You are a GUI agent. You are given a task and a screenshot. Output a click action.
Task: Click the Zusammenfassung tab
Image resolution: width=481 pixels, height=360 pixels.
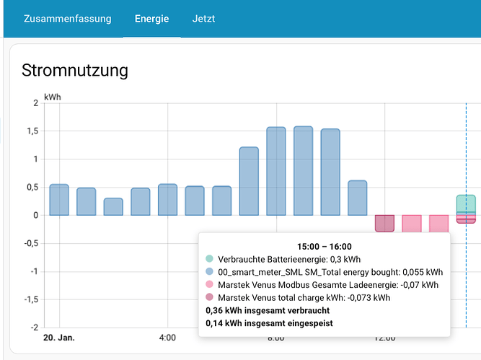point(67,19)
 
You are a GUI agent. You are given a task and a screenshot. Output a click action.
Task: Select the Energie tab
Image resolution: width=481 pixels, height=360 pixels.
point(151,19)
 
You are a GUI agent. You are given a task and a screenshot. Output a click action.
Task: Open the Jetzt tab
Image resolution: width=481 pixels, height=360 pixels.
point(203,19)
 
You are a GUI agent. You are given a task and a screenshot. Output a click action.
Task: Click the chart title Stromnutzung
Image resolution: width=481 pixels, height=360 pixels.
point(75,70)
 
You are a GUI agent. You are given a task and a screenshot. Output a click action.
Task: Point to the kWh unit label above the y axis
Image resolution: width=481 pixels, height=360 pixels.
point(53,96)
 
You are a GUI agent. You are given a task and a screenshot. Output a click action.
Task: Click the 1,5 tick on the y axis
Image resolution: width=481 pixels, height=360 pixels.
point(32,131)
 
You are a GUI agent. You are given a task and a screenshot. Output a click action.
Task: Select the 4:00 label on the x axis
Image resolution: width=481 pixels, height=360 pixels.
point(167,337)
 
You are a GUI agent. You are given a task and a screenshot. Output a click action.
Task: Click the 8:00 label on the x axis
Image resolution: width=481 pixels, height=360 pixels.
point(276,337)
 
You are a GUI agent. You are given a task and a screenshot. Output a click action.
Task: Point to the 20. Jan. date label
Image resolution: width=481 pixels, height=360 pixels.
point(59,337)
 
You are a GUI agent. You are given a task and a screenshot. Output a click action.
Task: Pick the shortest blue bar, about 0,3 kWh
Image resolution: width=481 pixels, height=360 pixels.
point(113,207)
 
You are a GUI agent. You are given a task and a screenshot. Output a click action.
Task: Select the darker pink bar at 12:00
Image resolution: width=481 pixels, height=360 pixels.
point(384,223)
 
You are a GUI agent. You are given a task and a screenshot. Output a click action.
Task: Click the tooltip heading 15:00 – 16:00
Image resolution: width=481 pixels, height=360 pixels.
point(324,246)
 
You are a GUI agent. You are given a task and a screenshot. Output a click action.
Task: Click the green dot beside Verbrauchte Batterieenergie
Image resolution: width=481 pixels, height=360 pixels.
point(210,259)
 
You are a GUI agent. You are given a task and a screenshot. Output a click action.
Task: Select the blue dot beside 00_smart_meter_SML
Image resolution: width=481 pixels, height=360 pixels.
point(210,272)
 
